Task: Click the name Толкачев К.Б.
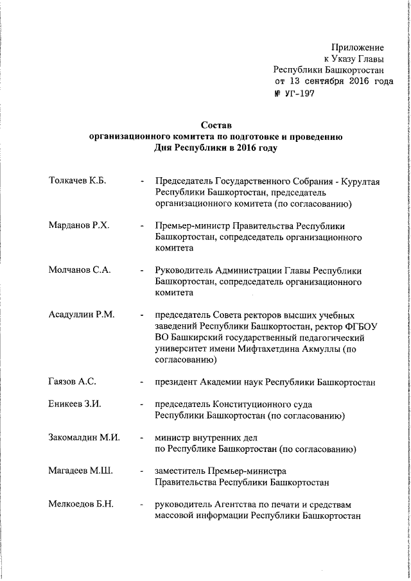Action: coord(77,182)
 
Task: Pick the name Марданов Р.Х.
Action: coord(78,225)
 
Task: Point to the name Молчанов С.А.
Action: coord(80,270)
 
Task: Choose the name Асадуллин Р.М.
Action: coord(82,314)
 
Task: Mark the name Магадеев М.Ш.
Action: coord(80,471)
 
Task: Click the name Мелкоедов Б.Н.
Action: coord(81,503)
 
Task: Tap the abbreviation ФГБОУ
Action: coord(361,325)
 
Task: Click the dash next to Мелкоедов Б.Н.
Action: coord(141,504)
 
